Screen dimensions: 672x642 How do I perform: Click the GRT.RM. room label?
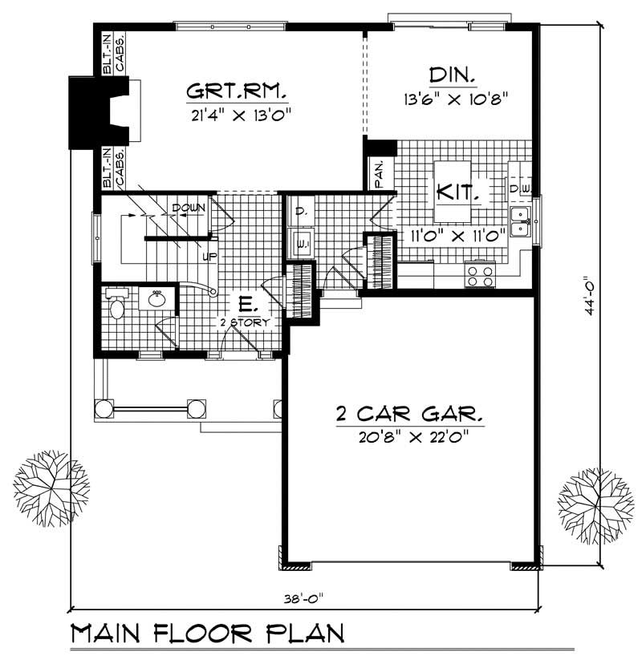coord(238,89)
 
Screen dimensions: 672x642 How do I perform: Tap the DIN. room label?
coord(453,76)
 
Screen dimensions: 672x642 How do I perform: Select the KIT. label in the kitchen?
coord(458,193)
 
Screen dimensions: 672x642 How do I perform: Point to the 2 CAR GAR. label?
coord(409,415)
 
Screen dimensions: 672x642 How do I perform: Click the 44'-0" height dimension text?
coord(592,298)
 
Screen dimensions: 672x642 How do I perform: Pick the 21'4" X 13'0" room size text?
coord(238,113)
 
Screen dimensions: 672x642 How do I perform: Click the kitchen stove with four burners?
coord(481,277)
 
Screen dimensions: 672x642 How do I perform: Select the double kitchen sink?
coord(521,222)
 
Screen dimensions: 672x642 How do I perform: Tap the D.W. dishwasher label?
coord(519,188)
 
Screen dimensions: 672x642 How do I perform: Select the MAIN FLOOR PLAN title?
coord(207,634)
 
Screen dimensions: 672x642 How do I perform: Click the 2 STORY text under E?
coord(245,322)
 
